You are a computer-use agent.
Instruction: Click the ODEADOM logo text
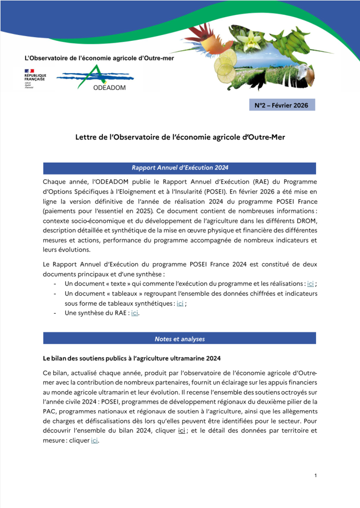pos(110,87)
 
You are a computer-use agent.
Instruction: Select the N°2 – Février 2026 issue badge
pos(282,106)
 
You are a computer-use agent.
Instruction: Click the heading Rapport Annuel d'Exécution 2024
pos(179,168)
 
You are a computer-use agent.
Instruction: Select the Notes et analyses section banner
pos(179,339)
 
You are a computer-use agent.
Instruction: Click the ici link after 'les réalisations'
pos(310,284)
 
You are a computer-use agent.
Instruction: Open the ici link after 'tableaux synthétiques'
pos(180,303)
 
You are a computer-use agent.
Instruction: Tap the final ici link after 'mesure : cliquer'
pos(94,441)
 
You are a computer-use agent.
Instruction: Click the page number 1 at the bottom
pos(316,476)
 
